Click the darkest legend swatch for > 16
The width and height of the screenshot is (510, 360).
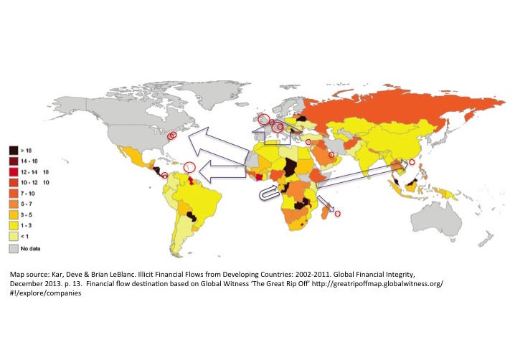click(13, 149)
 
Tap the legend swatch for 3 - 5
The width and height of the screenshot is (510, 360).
click(13, 213)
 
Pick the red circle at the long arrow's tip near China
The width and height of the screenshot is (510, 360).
click(412, 162)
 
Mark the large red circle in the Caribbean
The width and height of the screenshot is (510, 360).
click(189, 166)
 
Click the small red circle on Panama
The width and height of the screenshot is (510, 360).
click(165, 175)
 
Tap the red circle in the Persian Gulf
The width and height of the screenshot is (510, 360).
click(331, 155)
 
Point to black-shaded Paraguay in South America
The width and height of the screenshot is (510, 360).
click(191, 214)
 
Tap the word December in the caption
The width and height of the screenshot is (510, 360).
click(26, 284)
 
